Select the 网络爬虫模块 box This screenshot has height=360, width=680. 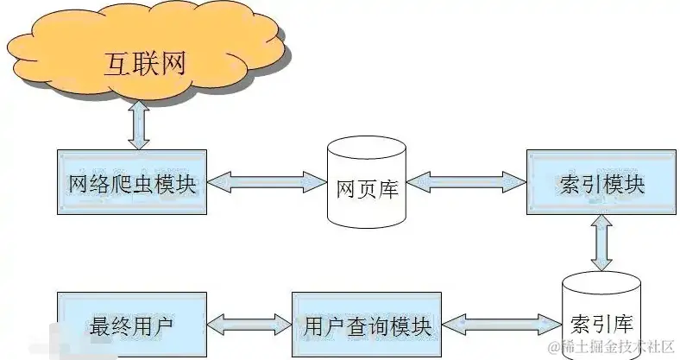point(132,183)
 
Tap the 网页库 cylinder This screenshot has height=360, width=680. point(367,182)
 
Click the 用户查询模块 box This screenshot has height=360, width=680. point(367,325)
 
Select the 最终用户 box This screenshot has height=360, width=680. point(132,325)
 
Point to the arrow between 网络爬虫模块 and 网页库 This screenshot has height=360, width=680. point(267,182)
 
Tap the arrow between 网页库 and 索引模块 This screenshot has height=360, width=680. point(466,182)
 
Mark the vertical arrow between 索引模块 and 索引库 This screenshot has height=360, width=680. point(601,243)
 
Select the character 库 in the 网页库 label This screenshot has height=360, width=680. point(388,187)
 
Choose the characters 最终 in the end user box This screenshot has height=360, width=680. point(110,327)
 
